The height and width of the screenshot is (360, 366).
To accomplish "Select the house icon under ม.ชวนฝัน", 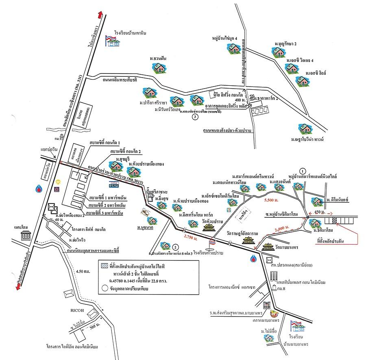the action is [158, 68].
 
